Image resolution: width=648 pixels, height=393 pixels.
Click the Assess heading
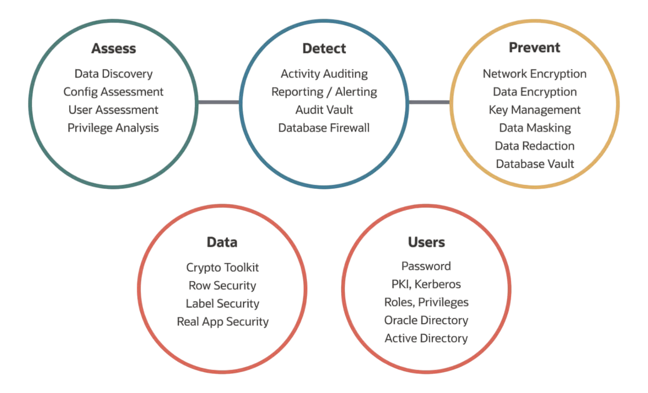(113, 49)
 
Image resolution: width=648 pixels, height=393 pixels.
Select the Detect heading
(324, 49)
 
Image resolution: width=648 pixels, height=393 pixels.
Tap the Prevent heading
(535, 48)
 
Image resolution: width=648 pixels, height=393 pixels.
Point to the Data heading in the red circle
(222, 242)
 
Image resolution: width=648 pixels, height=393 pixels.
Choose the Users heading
(426, 242)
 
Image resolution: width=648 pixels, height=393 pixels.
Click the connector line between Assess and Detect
(218, 103)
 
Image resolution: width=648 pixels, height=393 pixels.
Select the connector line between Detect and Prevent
(429, 103)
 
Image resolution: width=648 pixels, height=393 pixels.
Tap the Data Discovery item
(113, 74)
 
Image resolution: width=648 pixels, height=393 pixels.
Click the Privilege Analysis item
(113, 128)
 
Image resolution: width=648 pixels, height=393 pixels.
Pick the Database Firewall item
(324, 128)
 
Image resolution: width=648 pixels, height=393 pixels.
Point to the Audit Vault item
(324, 110)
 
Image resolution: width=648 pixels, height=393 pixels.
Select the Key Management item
(535, 110)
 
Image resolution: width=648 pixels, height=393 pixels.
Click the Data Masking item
(535, 128)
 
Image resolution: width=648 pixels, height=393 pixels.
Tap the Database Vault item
(535, 164)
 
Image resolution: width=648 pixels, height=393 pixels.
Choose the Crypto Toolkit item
(222, 268)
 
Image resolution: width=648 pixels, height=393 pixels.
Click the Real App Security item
(222, 322)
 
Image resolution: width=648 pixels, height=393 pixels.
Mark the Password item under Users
(426, 266)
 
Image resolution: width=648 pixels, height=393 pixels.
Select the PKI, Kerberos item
(426, 284)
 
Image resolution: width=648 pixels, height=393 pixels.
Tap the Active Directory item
(426, 338)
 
